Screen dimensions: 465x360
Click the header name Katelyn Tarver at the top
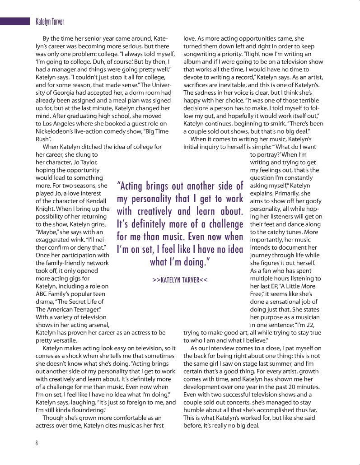49,21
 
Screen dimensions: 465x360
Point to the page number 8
37,442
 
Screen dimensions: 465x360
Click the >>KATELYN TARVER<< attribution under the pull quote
180,280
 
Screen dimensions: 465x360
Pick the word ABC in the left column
42,294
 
